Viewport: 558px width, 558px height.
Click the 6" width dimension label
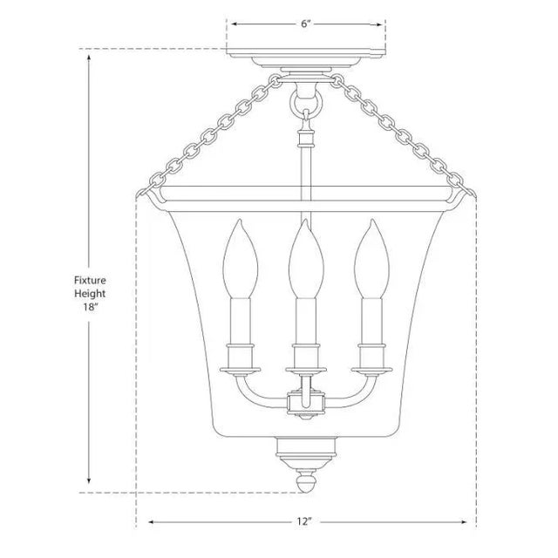tap(306, 24)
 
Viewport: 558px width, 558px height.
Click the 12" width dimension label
tap(304, 521)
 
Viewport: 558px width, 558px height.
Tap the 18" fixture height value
tap(91, 307)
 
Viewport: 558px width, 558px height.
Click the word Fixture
tap(90, 280)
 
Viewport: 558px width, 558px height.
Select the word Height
tap(90, 294)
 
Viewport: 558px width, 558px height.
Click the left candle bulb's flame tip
tap(241, 220)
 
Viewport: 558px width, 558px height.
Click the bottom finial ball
tap(306, 483)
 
